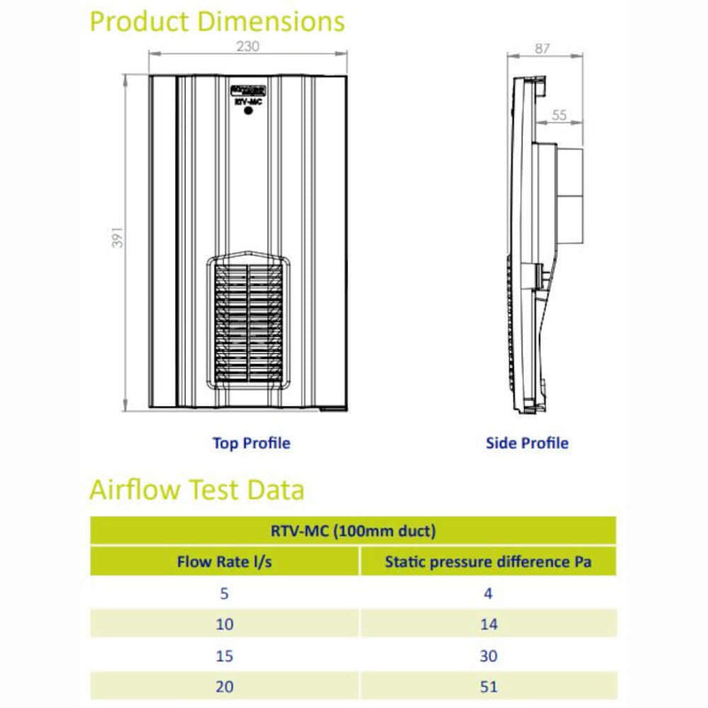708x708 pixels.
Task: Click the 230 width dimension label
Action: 249,46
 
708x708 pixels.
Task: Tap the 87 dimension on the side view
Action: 543,49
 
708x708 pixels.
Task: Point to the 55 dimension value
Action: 559,114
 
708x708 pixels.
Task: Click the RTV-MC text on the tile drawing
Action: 249,103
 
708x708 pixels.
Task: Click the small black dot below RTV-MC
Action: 249,115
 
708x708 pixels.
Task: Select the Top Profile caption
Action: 251,442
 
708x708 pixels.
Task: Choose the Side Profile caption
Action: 527,442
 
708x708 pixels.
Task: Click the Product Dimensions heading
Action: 218,21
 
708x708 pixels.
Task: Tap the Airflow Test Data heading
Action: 196,489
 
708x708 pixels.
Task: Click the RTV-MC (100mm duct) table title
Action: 353,531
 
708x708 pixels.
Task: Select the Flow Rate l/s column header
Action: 225,561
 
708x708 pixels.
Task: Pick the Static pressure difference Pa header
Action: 488,561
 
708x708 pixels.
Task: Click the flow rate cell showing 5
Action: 225,593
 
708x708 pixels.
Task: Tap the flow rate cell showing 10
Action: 225,624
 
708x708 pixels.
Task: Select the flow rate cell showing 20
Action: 225,686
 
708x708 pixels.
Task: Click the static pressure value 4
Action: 488,593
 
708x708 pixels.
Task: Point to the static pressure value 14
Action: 488,624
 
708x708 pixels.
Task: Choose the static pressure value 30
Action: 488,656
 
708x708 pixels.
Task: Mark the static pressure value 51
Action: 488,686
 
